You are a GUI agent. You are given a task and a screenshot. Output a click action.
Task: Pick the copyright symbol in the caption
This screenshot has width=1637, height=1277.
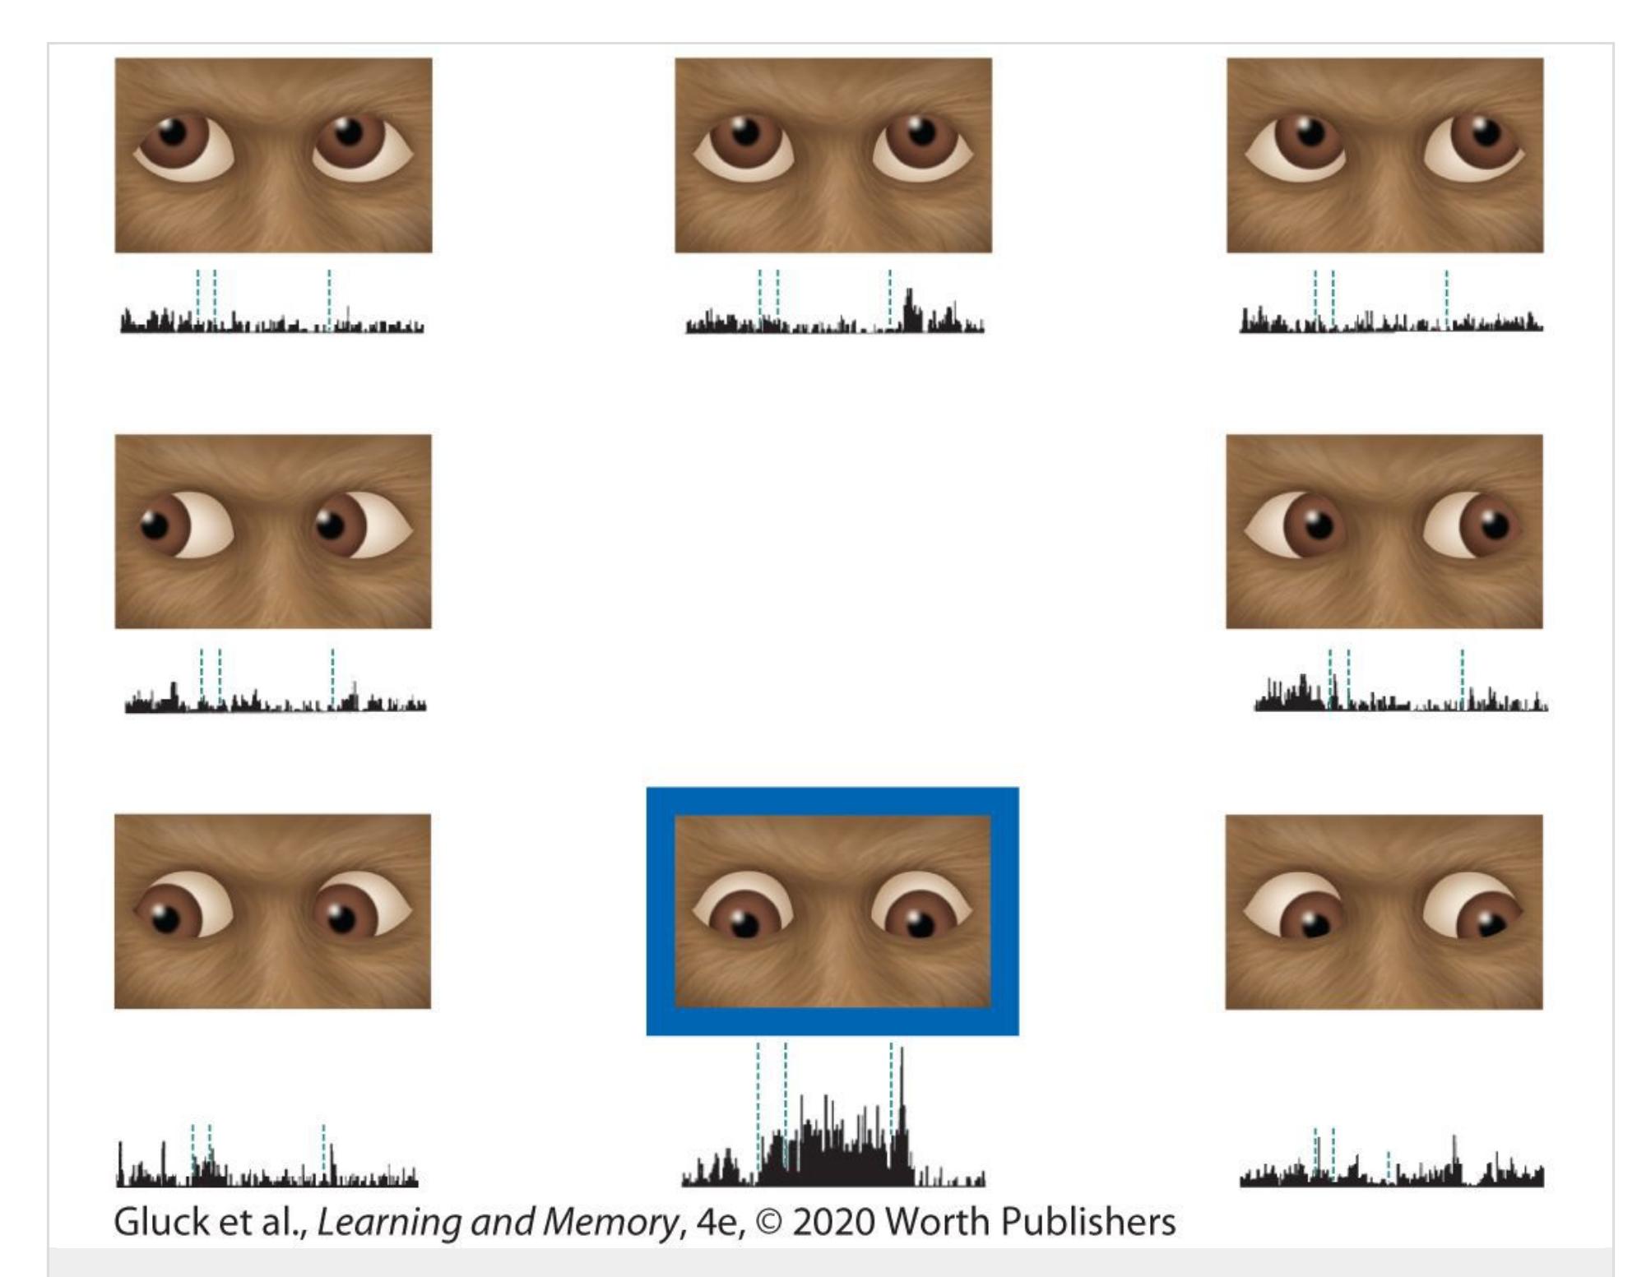point(768,1223)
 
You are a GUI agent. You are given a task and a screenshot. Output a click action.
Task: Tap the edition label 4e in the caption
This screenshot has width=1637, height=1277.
point(718,1223)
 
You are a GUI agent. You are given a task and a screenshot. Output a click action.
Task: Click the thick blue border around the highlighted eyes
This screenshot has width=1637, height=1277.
point(832,801)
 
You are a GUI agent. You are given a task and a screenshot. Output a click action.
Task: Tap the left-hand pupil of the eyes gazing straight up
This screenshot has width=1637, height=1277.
point(746,132)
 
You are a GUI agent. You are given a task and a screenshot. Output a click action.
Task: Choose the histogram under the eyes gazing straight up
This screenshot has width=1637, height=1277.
point(835,312)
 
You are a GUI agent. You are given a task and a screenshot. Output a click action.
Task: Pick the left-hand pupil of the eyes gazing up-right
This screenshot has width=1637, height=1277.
point(1310,132)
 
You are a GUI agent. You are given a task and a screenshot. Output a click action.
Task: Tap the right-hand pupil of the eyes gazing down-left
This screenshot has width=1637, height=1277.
point(341,919)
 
